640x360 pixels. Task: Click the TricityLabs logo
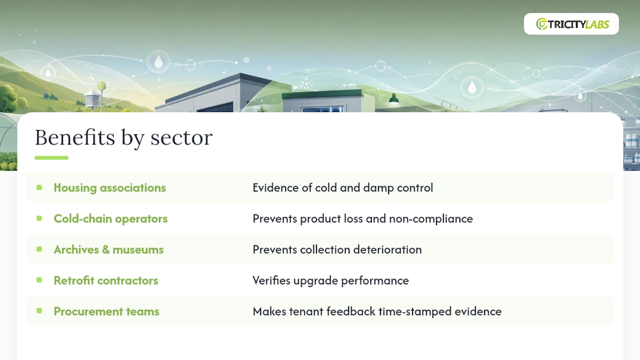(x=572, y=24)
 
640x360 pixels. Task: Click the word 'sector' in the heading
(x=181, y=137)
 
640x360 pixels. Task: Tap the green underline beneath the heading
(x=51, y=157)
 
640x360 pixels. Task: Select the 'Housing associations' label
(x=109, y=187)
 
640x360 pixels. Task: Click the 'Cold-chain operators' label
(x=110, y=218)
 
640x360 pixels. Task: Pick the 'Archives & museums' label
(x=108, y=249)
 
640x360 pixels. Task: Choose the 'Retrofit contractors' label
(x=105, y=280)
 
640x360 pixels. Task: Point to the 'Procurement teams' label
(x=106, y=311)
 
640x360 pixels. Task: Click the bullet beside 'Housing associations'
(x=39, y=187)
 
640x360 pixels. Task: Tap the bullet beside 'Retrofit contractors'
(x=39, y=280)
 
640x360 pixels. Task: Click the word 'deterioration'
(x=387, y=249)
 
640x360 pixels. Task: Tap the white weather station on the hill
(x=93, y=98)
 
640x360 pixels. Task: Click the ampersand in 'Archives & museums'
(x=105, y=249)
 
